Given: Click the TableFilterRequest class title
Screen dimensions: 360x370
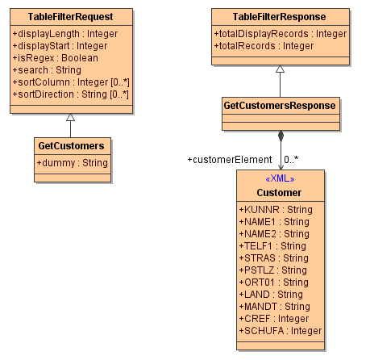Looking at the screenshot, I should (70, 16).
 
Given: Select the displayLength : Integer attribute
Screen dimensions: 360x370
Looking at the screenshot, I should (65, 34).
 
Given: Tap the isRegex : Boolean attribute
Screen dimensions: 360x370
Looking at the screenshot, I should (56, 58).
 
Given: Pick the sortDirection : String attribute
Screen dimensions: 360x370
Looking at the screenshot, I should (71, 94).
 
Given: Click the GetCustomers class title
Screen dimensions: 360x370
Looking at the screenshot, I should (71, 146).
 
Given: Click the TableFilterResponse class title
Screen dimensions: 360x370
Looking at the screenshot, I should (279, 16).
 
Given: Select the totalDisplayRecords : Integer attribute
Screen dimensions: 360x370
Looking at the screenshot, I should (281, 34).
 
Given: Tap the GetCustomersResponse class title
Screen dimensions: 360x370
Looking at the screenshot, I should (279, 105).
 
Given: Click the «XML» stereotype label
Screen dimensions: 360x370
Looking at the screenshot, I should (279, 178).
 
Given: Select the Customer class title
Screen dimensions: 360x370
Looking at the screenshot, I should (279, 192).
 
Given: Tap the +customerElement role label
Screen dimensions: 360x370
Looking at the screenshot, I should (229, 160).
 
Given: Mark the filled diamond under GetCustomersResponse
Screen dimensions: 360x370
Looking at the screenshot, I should (280, 136).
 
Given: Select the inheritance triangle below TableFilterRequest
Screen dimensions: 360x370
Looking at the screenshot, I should (70, 118).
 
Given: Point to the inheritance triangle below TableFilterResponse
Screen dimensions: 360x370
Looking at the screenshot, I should (280, 69).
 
